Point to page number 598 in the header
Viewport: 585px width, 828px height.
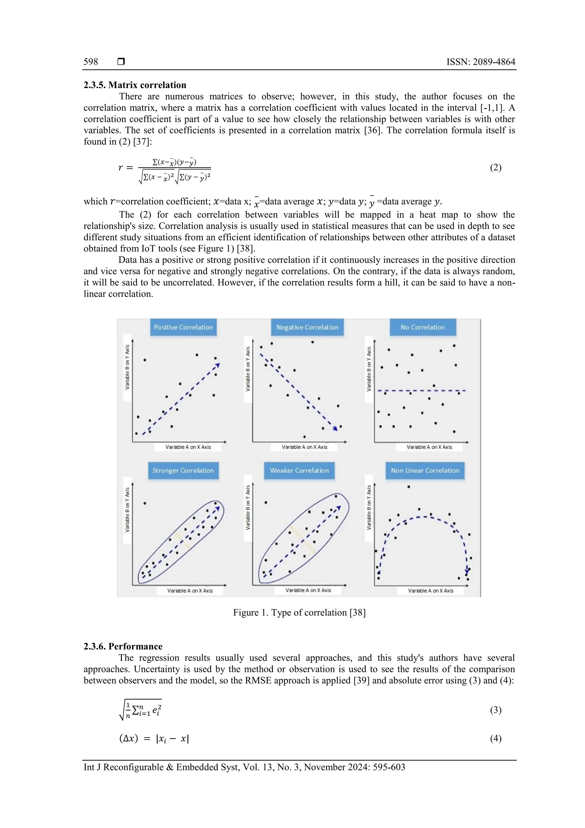91,62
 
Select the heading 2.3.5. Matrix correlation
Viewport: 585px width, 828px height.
135,85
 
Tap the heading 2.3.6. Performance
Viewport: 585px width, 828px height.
123,646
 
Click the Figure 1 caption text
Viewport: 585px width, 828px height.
299,613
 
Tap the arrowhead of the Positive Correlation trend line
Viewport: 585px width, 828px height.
218,365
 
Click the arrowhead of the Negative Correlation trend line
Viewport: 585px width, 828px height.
335,428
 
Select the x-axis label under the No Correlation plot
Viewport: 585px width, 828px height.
429,447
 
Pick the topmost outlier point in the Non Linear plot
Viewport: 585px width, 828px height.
408,486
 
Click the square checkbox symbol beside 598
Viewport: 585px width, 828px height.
121,62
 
